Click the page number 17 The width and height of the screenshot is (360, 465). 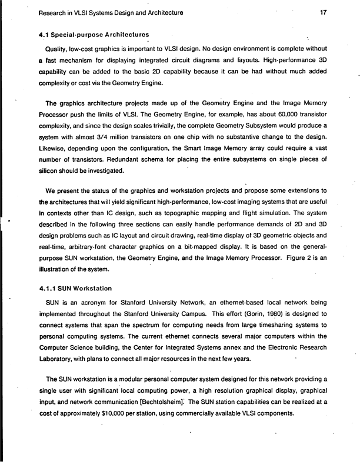(x=322, y=12)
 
